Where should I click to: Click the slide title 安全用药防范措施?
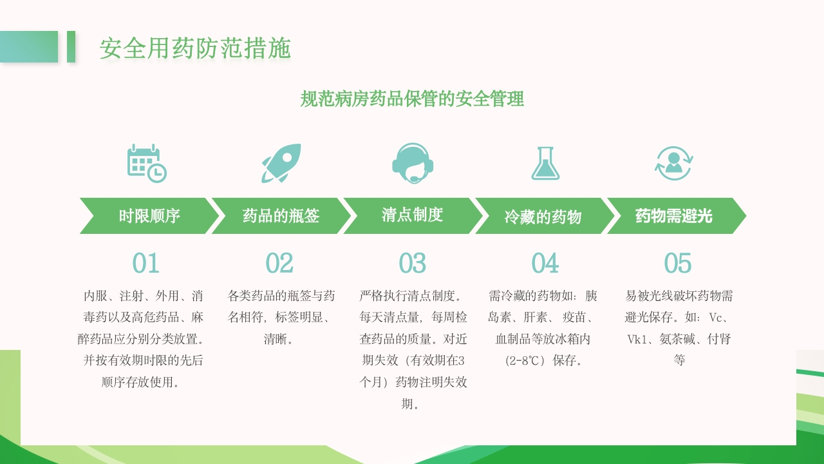click(195, 48)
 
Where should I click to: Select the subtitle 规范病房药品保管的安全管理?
click(412, 99)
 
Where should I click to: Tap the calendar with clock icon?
click(147, 163)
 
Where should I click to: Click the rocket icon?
click(281, 163)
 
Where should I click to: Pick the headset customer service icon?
click(413, 163)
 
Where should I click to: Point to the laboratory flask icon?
click(545, 163)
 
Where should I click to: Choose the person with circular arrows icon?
click(673, 163)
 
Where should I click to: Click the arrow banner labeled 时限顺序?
click(149, 216)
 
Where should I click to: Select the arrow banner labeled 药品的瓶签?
click(281, 216)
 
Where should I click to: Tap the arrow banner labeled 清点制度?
click(413, 215)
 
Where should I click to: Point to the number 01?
click(145, 263)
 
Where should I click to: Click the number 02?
click(279, 263)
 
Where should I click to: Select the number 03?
click(412, 263)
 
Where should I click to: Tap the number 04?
click(545, 263)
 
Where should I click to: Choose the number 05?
click(677, 263)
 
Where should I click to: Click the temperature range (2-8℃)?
click(521, 360)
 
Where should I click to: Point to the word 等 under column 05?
click(679, 360)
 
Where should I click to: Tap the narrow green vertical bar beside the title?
click(71, 46)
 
